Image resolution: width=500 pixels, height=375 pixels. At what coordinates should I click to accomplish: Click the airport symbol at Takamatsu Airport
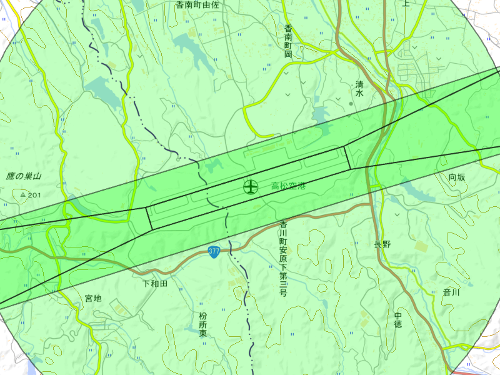click(250, 186)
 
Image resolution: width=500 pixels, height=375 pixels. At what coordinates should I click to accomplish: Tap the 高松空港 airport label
click(288, 186)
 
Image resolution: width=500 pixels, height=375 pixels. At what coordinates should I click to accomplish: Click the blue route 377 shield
click(214, 251)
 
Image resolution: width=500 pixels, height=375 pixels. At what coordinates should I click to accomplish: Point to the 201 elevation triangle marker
click(23, 196)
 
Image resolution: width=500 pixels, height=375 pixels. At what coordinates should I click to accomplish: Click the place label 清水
click(359, 88)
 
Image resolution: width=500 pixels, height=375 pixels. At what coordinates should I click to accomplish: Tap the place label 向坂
click(457, 177)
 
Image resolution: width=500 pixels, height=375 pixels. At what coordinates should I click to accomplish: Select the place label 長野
click(382, 244)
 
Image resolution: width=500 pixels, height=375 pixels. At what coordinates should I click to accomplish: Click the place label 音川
click(451, 292)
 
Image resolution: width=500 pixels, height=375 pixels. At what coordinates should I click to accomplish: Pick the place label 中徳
click(398, 319)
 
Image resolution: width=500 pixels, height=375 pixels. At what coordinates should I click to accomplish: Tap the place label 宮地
click(93, 298)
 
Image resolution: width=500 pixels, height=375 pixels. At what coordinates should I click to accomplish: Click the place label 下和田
click(155, 284)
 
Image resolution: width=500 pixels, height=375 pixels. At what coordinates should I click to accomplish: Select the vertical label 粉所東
click(203, 325)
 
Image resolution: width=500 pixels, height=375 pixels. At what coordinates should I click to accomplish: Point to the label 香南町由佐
click(197, 4)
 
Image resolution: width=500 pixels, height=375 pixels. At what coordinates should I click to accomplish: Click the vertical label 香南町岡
click(288, 42)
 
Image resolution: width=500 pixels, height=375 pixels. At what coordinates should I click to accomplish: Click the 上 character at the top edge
click(406, 3)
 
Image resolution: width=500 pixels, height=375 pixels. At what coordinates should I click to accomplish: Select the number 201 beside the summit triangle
click(34, 196)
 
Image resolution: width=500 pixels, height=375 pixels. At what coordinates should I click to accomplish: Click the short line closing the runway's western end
click(149, 219)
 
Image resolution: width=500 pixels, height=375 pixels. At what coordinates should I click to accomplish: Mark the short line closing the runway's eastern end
click(348, 157)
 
